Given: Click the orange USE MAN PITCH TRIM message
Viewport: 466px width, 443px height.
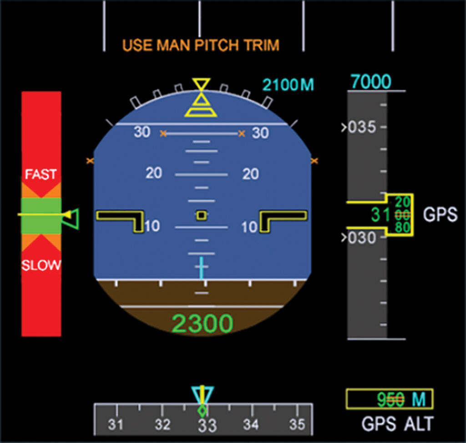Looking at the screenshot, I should (x=201, y=46).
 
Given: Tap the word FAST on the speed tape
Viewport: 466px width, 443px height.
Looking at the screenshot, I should (x=41, y=174).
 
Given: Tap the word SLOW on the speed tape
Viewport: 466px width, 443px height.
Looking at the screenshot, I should (x=41, y=265).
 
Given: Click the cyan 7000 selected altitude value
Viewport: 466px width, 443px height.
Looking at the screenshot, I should (x=371, y=82).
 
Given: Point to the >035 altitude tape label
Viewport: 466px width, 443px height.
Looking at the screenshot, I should (x=359, y=127).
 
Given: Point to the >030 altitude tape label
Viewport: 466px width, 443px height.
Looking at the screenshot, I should (x=359, y=237).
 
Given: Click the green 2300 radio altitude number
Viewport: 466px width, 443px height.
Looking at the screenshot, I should (x=203, y=324).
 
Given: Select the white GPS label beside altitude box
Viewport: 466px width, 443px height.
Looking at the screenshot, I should (x=440, y=215).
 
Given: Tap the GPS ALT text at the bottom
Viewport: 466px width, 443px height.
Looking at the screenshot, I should (x=397, y=424).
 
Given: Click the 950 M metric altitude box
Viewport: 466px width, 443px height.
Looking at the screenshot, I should (x=389, y=399).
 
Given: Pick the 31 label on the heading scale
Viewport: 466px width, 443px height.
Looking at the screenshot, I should (x=116, y=425).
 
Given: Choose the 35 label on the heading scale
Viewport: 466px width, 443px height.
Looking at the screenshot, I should (x=297, y=425).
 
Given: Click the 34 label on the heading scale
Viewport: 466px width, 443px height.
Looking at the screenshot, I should (x=251, y=425).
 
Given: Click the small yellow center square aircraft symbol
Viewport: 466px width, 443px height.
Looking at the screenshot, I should (x=202, y=215).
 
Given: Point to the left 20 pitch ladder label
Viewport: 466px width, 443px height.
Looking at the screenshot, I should (x=154, y=173).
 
